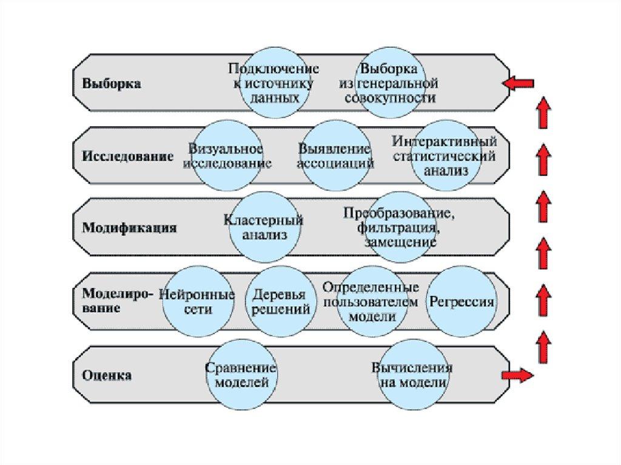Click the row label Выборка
point(112,84)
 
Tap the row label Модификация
point(129,229)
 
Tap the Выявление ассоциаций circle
point(335,156)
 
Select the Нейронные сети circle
point(196,301)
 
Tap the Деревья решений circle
point(281,301)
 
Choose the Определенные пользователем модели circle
point(370,301)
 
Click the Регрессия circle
point(462,301)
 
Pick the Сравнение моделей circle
point(241,375)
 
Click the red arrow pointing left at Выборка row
point(520,83)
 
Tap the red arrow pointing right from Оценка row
point(518,375)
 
